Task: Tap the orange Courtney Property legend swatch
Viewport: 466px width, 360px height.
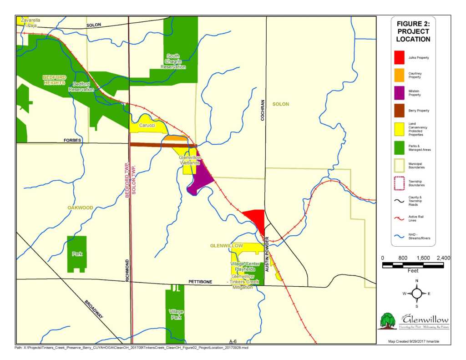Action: click(399, 75)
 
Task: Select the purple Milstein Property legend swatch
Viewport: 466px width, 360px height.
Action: click(399, 93)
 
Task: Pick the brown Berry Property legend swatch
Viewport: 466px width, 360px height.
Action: click(399, 111)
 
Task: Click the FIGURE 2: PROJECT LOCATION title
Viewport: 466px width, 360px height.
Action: click(413, 31)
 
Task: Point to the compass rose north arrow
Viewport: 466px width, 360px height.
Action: click(417, 294)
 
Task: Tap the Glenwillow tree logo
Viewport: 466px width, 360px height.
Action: click(388, 321)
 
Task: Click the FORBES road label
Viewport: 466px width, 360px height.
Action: click(72, 141)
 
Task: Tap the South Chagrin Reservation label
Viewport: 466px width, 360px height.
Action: click(173, 61)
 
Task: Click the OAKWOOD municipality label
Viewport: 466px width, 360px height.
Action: click(80, 208)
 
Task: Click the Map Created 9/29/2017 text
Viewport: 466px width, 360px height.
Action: click(413, 341)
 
